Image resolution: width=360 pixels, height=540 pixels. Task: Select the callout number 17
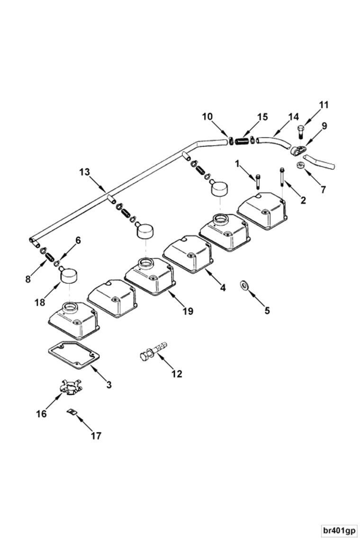[x=96, y=436]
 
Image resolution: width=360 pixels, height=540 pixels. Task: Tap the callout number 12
[x=177, y=374]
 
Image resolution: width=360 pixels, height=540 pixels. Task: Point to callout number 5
[x=267, y=310]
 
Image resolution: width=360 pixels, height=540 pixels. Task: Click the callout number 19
[x=188, y=311]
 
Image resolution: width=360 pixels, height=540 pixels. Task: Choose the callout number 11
[x=324, y=105]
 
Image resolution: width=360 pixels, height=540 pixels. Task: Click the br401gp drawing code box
[x=339, y=530]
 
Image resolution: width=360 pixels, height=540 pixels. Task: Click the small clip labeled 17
[x=71, y=412]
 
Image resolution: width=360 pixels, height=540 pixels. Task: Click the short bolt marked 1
[x=258, y=181]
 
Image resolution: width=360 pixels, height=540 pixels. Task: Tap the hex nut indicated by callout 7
[x=300, y=165]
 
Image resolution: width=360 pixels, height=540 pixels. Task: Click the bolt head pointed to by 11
[x=301, y=129]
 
